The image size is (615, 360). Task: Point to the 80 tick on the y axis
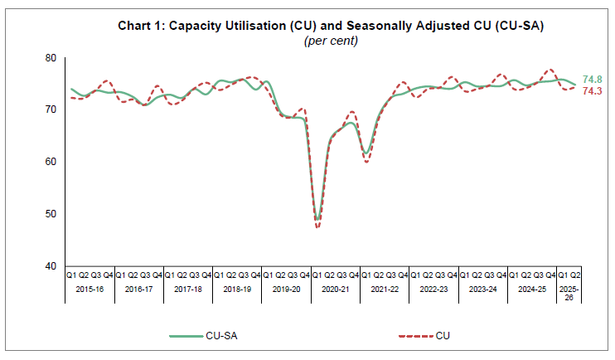tap(51, 58)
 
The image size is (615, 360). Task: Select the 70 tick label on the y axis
tap(51, 109)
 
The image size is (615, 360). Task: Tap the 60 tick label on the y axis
tap(51, 162)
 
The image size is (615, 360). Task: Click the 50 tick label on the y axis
tap(51, 214)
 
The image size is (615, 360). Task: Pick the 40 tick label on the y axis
tap(51, 265)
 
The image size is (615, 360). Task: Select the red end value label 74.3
tap(593, 91)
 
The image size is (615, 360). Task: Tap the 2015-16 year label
tap(91, 292)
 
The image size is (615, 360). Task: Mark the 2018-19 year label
tap(238, 292)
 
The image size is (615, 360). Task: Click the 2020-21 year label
tap(336, 292)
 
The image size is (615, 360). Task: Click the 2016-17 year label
tap(140, 292)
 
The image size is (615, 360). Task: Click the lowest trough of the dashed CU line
tap(317, 226)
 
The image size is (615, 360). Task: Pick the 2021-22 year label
tap(385, 292)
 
